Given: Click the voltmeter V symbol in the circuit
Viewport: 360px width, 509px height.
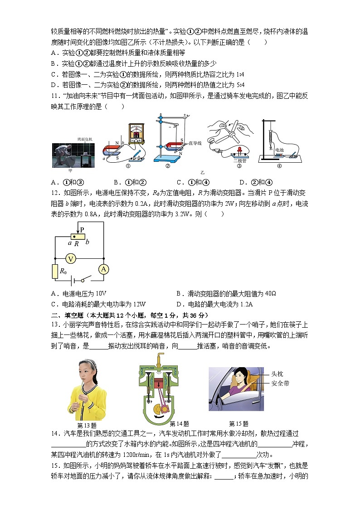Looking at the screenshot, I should [70, 258].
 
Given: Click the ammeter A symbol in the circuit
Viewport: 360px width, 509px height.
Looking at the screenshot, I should [104, 269].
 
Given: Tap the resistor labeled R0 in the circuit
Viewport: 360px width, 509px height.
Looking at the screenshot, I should [55, 271].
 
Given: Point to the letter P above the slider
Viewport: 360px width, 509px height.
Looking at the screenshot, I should [82, 229].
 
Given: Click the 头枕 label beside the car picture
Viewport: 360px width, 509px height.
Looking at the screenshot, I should [277, 374].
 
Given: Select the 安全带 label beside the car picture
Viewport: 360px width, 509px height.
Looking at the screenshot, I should [280, 383].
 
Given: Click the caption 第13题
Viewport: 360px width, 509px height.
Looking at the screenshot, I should [87, 425].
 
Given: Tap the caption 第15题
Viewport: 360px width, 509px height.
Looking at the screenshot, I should [238, 424].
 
